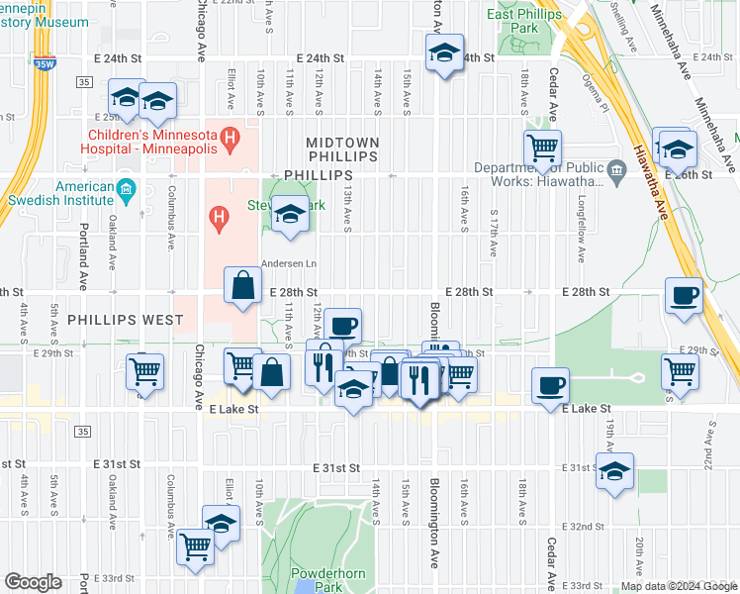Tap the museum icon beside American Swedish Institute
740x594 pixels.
click(126, 188)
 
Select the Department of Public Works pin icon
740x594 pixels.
click(616, 174)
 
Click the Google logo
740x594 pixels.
click(33, 582)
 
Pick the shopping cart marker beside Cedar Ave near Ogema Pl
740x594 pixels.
click(542, 149)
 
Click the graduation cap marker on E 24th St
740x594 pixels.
click(445, 53)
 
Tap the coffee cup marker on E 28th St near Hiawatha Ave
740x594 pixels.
click(684, 296)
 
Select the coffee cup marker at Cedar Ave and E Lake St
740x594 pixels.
click(551, 386)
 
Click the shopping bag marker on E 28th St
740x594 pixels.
click(243, 286)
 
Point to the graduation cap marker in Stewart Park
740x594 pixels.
click(289, 216)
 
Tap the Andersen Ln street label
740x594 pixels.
click(289, 264)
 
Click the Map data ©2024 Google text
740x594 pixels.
click(678, 586)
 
